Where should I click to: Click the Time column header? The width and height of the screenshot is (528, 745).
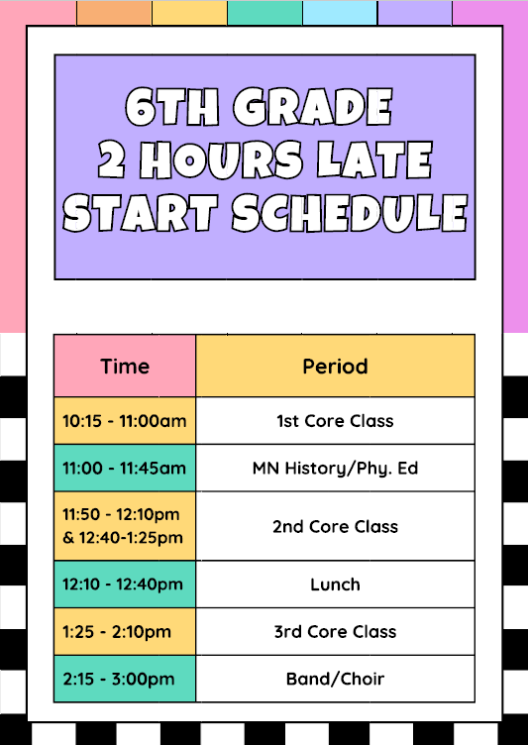point(125,366)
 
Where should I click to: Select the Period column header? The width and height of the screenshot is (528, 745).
point(335,366)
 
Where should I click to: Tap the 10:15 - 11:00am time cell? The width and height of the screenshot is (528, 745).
point(125,420)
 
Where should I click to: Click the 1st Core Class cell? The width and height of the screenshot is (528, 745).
point(335,420)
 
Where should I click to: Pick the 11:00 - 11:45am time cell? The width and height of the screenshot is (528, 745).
point(125,468)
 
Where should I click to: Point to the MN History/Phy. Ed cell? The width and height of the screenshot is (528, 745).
point(335,468)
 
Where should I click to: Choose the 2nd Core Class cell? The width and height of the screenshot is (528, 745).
point(335,526)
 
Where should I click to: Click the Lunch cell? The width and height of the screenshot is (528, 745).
point(335,585)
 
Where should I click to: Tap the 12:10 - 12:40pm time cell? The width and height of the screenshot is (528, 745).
point(125,585)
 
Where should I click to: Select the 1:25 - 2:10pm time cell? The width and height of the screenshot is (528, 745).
point(125,631)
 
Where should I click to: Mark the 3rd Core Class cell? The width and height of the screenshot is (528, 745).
point(335,631)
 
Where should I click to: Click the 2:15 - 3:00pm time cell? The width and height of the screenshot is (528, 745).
point(125,679)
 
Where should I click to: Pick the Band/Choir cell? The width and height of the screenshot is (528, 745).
point(335,679)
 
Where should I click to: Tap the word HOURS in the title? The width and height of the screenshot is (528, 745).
point(220,159)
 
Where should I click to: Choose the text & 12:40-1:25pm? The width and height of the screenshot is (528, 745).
point(125,538)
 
